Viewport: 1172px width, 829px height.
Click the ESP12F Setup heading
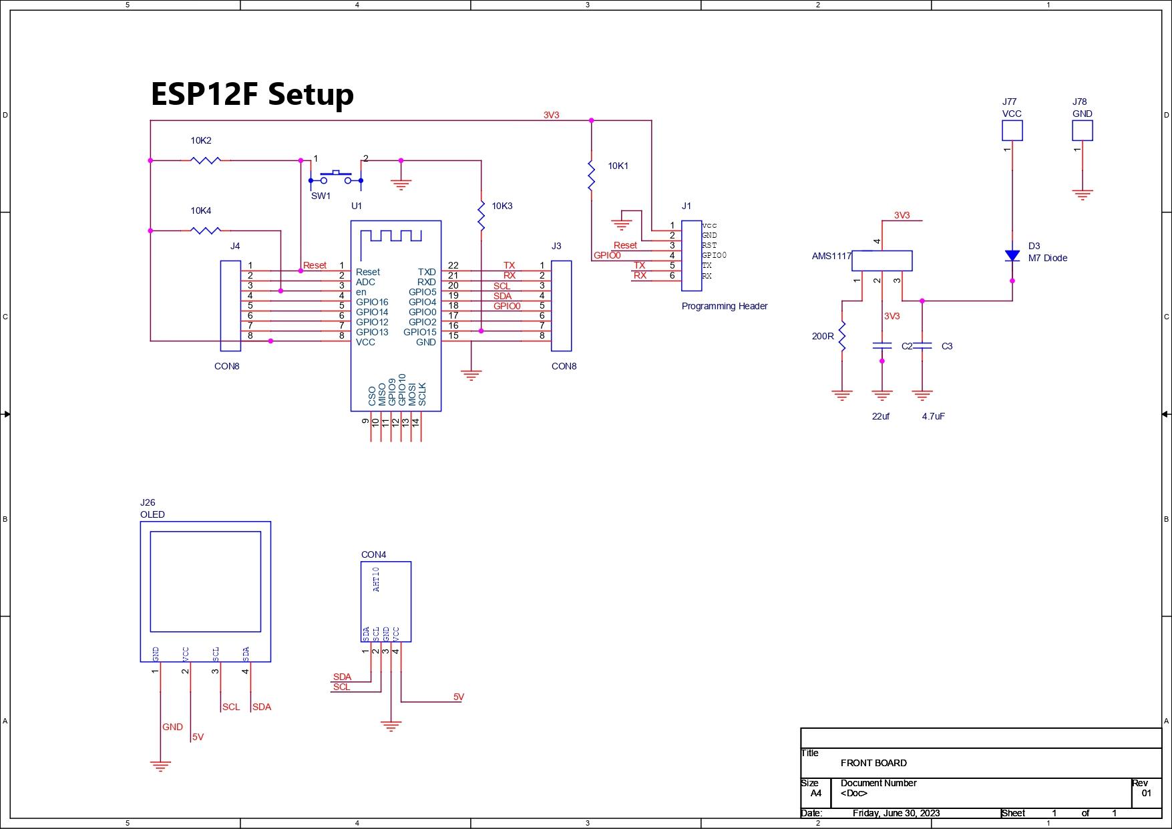pyautogui.click(x=252, y=94)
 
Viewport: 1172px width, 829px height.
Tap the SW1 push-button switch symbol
pyautogui.click(x=335, y=178)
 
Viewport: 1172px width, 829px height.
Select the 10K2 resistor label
pyautogui.click(x=200, y=140)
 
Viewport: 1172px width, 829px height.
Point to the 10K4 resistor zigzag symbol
pyautogui.click(x=206, y=230)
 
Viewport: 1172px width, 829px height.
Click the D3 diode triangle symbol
pyautogui.click(x=1012, y=256)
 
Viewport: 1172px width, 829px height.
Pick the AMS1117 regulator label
pyautogui.click(x=831, y=256)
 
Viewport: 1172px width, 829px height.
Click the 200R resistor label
pyautogui.click(x=823, y=336)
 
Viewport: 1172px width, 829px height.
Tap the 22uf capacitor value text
pyautogui.click(x=880, y=416)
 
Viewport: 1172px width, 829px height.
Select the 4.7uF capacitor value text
pyautogui.click(x=933, y=416)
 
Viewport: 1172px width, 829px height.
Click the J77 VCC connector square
pyautogui.click(x=1012, y=130)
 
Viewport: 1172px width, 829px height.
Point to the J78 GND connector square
pyautogui.click(x=1083, y=130)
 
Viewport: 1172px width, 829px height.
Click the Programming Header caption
pyautogui.click(x=725, y=306)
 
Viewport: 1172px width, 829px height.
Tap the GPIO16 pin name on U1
pyautogui.click(x=372, y=302)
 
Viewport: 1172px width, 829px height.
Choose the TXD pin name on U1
pyautogui.click(x=427, y=272)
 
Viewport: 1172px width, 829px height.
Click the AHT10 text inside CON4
pyautogui.click(x=376, y=579)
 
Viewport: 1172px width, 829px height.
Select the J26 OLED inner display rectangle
pyautogui.click(x=205, y=581)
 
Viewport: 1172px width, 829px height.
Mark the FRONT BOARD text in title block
pyautogui.click(x=873, y=763)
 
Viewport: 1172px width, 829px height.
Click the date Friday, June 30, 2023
pyautogui.click(x=896, y=813)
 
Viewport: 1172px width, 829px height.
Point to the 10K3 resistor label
pyautogui.click(x=502, y=206)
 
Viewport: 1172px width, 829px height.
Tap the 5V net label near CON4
pyautogui.click(x=459, y=697)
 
